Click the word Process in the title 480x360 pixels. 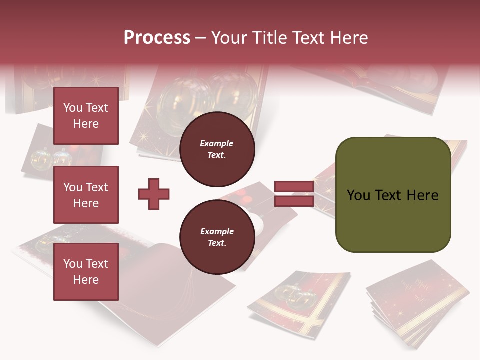coord(157,38)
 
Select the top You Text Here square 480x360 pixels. coord(86,116)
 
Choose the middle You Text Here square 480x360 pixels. coord(86,195)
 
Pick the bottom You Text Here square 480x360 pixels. coord(86,272)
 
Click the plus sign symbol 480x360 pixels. coord(154,194)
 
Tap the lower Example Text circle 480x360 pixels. coord(217,237)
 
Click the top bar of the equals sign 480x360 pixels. coord(294,186)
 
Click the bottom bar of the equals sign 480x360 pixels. coord(294,201)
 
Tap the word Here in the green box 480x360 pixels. coord(422,195)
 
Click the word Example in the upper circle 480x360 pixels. coord(217,143)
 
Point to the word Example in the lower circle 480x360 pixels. coord(217,231)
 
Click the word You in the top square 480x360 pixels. coord(73,108)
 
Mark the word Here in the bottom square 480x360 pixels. coord(86,280)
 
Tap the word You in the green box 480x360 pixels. coord(359,195)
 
